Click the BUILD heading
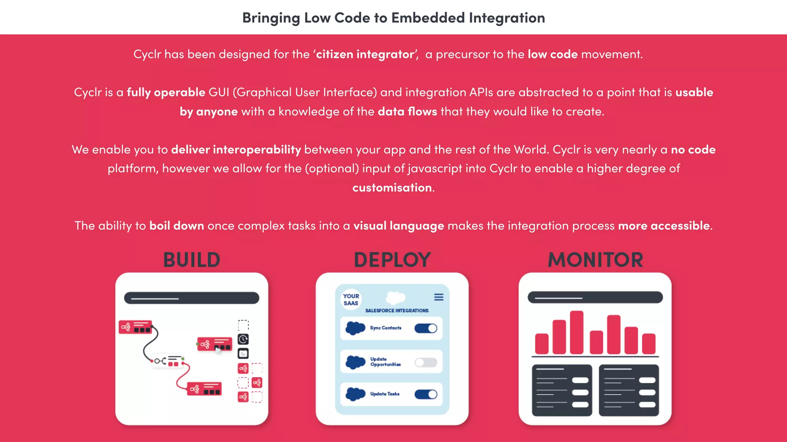192,260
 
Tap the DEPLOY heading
392,260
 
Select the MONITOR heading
595,260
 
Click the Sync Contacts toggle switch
426,328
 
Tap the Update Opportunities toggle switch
426,363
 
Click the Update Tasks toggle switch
426,394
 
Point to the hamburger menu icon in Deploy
439,297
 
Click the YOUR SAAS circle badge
351,299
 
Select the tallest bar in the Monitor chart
576,332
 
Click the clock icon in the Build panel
243,339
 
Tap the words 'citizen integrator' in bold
365,54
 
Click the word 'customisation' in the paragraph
392,188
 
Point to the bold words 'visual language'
398,226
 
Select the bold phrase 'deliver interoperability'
236,149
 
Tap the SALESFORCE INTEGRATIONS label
397,310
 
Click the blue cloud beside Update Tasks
355,394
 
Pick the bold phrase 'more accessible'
664,226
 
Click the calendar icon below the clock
243,353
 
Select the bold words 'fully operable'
166,92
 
